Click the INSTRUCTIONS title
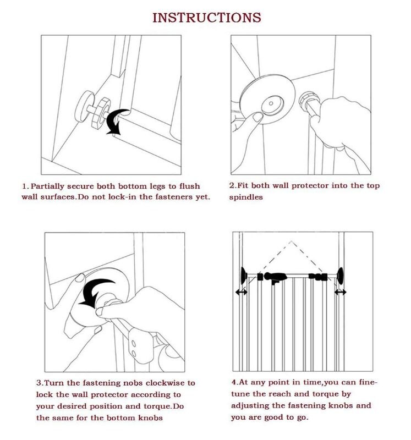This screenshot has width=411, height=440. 206,18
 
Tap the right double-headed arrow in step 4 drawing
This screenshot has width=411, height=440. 341,292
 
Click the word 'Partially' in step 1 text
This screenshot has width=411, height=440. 51,186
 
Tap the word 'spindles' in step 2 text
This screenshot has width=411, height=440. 246,197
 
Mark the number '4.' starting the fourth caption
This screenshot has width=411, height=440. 234,382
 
